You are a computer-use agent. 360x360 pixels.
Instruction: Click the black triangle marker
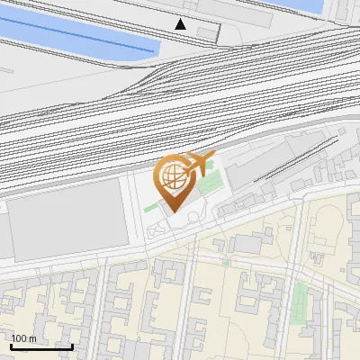(182, 24)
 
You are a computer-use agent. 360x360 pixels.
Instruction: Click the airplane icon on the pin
(200, 163)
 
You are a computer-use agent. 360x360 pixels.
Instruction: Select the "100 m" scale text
(23, 338)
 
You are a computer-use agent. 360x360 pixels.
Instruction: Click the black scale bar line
(41, 346)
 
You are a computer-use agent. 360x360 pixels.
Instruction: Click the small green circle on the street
(226, 264)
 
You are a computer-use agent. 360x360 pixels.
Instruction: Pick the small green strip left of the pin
(150, 208)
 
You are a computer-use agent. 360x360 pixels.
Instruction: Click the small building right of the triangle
(208, 32)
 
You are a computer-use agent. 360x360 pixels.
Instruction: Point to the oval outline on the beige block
(158, 232)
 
